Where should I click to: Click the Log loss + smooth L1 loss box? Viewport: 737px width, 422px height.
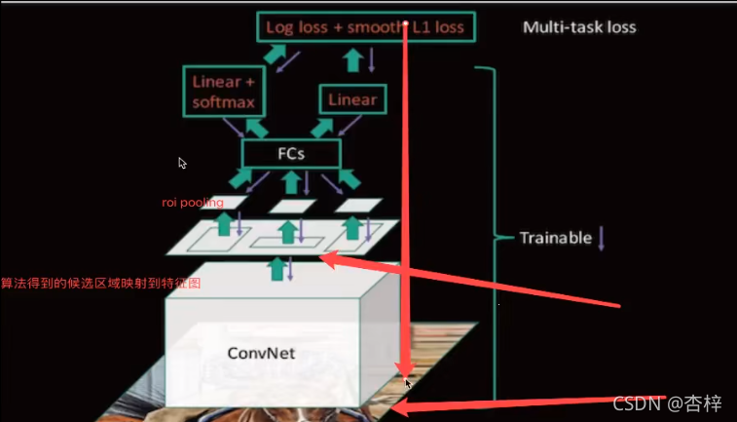367,26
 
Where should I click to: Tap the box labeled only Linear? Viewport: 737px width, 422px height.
351,99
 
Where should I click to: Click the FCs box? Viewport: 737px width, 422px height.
291,153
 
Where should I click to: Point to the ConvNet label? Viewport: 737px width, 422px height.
261,353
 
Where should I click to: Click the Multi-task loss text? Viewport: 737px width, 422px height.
579,26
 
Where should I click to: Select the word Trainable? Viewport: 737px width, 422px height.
555,238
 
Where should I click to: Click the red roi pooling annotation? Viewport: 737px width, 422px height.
192,203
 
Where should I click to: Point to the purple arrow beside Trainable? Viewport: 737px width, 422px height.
601,238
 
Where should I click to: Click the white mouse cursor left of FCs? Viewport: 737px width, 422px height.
182,163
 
